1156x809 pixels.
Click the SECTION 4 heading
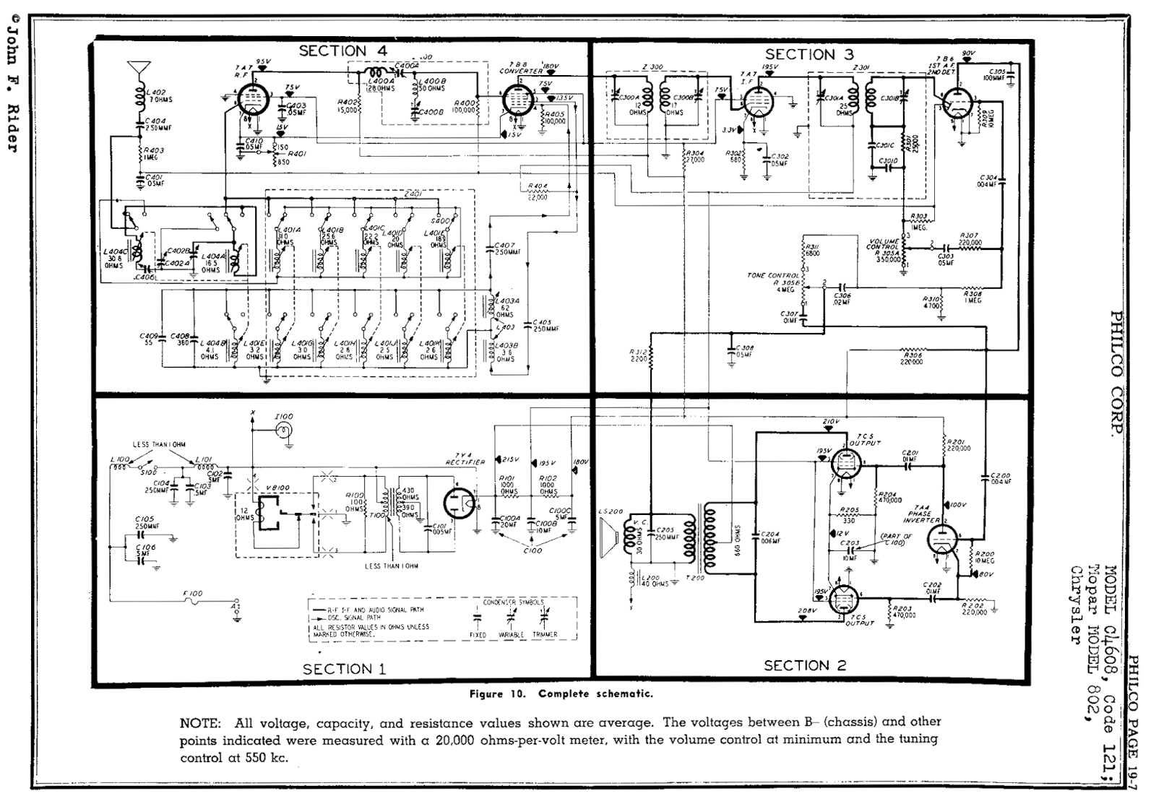(342, 51)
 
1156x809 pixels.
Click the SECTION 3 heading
(808, 54)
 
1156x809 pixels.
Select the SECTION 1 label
(344, 669)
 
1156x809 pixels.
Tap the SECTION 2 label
(805, 665)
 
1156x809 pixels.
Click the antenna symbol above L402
(135, 71)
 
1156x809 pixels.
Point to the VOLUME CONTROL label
(884, 244)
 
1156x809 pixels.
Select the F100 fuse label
(193, 593)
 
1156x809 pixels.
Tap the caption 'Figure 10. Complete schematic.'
(561, 694)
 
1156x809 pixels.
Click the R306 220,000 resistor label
(913, 358)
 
